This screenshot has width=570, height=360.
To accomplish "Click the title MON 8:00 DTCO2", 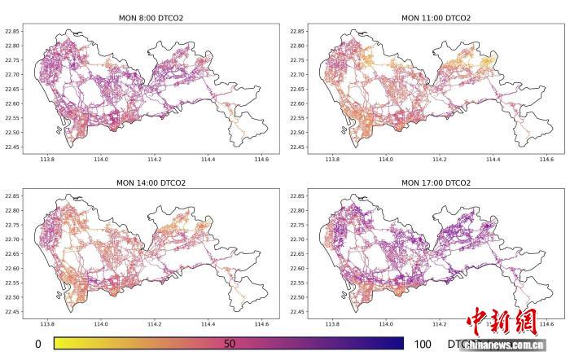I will coord(149,17).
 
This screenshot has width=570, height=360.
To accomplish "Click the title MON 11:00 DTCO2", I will coord(436,17).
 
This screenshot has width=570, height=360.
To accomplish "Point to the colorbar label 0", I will coord(38,345).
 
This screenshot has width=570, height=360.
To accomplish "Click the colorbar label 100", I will coord(423,345).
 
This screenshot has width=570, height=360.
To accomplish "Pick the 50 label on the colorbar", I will coord(230,345).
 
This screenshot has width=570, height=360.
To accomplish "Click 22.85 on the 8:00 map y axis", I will coord(14,31).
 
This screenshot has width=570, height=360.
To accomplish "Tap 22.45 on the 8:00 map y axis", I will coord(14,147).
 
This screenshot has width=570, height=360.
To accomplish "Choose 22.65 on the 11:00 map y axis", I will coord(300,90).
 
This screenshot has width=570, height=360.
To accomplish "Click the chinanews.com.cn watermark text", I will coord(500,345).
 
